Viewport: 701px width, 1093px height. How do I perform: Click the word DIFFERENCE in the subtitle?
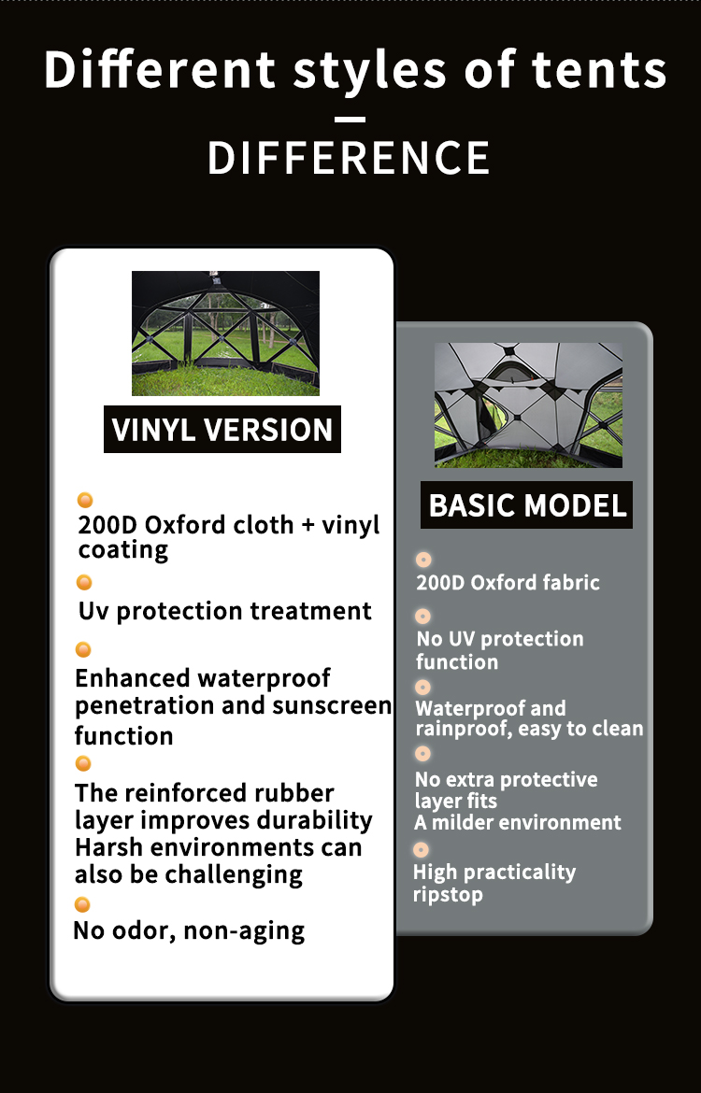click(349, 158)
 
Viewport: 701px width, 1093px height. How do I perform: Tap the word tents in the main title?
click(598, 70)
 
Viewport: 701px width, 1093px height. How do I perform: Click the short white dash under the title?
click(350, 120)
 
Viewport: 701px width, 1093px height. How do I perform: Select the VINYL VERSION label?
click(222, 430)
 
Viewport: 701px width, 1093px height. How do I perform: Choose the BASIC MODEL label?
click(526, 505)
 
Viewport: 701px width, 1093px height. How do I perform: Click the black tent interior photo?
click(225, 334)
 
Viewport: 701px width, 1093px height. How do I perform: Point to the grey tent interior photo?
click(528, 405)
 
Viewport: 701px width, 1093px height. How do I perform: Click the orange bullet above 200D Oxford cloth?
click(85, 500)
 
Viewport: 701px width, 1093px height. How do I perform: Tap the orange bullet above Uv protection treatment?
click(84, 582)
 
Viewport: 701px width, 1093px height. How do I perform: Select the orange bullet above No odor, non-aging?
click(82, 905)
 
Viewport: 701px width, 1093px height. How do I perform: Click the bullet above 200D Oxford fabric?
click(423, 560)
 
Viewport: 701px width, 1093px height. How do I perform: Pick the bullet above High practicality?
click(421, 850)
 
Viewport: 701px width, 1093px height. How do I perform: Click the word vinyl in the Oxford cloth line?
click(350, 526)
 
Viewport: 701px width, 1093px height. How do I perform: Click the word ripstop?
click(448, 895)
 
